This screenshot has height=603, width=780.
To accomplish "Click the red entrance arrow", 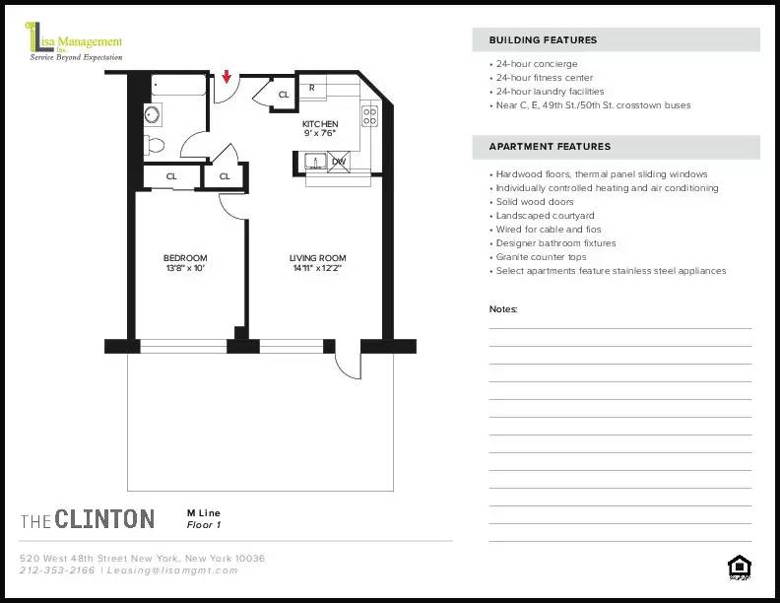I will [x=227, y=77].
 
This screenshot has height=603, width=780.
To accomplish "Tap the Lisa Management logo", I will [x=75, y=45].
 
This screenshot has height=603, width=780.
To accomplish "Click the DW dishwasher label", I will [x=338, y=162].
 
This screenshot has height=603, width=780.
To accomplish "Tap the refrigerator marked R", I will [x=312, y=89].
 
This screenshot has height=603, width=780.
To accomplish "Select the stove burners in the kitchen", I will [x=369, y=116].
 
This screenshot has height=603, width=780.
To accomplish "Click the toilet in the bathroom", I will [x=154, y=146].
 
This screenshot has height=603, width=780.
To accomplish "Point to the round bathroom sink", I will [x=153, y=114].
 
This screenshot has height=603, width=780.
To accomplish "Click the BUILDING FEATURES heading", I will [x=543, y=40].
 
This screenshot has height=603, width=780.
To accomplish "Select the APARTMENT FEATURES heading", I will [x=550, y=147].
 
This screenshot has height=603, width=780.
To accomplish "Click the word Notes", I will [x=503, y=309].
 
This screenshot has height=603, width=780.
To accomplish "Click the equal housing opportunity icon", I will [x=738, y=567].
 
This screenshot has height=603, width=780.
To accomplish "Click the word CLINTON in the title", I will [x=104, y=519].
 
